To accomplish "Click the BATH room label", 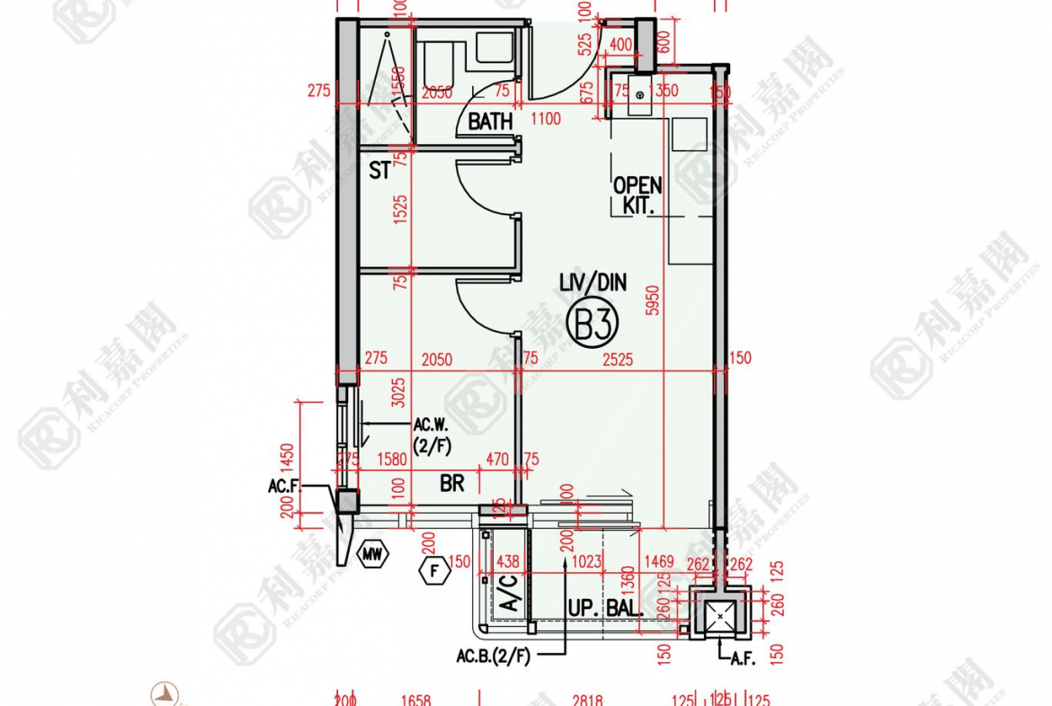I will [x=490, y=121].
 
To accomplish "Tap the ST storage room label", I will [x=379, y=170].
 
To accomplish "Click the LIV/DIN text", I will [x=593, y=284].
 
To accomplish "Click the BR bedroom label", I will [x=452, y=484].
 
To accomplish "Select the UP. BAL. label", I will [x=604, y=609].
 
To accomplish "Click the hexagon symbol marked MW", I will [x=372, y=556].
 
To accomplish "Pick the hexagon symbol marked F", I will [x=434, y=569].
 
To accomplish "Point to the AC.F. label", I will [x=284, y=487].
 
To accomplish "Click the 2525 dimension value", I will [x=618, y=360].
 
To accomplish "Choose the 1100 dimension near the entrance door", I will [x=546, y=119].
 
